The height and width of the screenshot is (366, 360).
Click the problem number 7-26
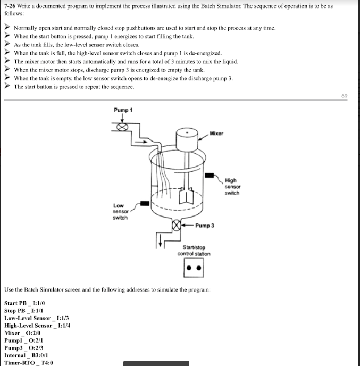point(11,5)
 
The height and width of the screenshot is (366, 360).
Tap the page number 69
point(345,96)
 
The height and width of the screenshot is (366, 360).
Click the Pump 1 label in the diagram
point(123,110)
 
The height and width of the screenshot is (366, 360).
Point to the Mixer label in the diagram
point(216,133)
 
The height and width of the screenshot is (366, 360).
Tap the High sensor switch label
point(232,186)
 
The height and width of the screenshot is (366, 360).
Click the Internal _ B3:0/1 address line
point(27,355)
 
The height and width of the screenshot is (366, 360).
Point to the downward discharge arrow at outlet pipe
point(158,244)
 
